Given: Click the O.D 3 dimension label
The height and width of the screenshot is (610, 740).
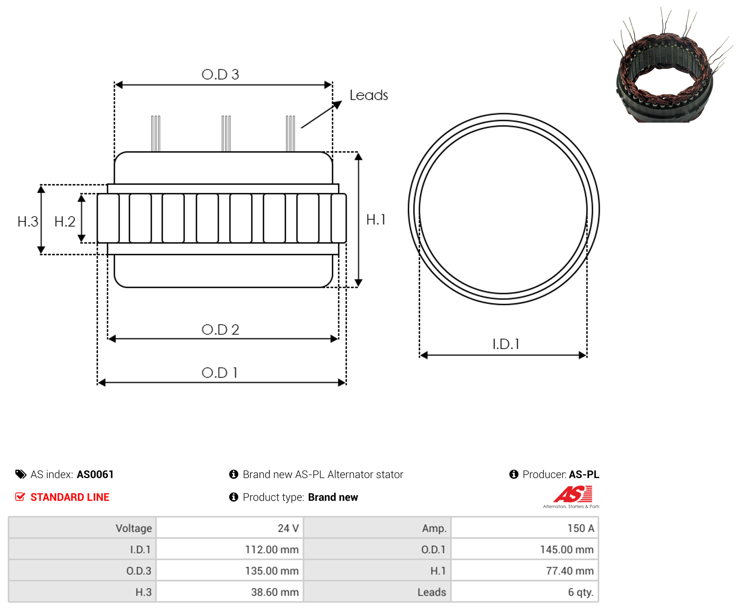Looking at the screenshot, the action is pos(220,75).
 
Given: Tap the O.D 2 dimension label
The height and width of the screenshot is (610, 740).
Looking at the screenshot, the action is pos(220,330).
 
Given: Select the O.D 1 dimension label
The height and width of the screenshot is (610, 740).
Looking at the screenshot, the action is pos(220,372).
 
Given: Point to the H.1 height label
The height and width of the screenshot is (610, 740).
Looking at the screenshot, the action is pos(376,220).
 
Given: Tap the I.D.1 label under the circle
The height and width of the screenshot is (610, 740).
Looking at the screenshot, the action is pos(506,344).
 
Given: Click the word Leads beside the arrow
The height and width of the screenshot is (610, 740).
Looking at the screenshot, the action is pos(369,95).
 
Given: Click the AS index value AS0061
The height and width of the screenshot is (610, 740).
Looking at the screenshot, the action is pos(95,474).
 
